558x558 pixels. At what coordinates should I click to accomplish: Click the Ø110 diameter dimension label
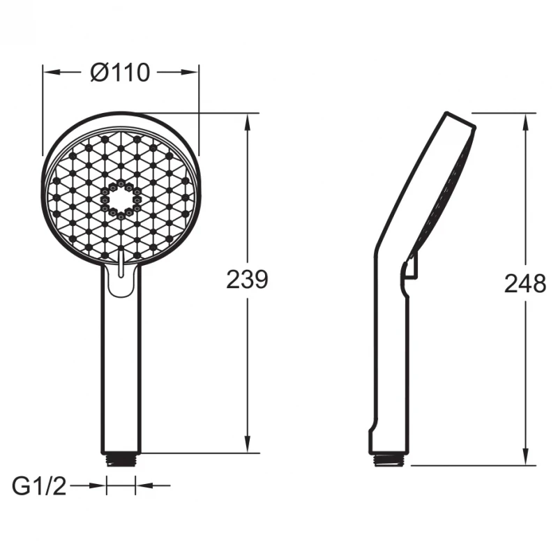pos(120,73)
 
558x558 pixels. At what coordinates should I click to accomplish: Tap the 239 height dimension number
pos(247,280)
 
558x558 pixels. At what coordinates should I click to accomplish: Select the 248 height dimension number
pos(525,284)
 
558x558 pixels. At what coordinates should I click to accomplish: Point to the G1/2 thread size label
pos(39,486)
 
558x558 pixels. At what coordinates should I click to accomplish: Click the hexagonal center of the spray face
pos(121,199)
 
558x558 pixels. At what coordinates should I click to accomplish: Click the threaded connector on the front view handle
pos(121,460)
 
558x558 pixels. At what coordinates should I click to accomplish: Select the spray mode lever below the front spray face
pos(121,264)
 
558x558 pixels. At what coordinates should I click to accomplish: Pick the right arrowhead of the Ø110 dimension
pos(190,73)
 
